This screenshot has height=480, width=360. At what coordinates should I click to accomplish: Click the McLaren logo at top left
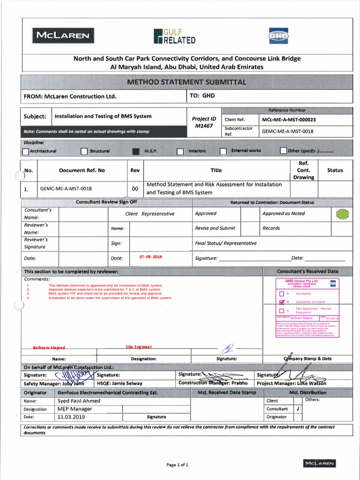point(62,35)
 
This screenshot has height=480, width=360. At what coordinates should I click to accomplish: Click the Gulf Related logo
point(174,36)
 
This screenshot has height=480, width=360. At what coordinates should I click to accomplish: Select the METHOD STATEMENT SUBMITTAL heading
point(187,82)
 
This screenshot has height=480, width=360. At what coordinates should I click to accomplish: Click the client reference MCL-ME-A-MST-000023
point(289,120)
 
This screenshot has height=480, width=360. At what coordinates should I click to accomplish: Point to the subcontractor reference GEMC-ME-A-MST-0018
point(288,131)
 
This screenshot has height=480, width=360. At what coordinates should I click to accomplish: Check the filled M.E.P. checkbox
point(136,151)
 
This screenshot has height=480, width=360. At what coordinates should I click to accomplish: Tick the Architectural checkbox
point(26,151)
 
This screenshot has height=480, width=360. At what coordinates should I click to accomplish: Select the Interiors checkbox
point(180,151)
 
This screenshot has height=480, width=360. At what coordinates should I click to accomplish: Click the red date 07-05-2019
point(150,257)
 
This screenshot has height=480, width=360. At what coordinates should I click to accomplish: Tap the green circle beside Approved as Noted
point(343,215)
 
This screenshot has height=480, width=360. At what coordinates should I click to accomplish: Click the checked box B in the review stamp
point(281,302)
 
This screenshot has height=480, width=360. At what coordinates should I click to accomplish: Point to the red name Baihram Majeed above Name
point(49,348)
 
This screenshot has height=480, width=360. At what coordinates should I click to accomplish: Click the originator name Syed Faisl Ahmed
point(79,401)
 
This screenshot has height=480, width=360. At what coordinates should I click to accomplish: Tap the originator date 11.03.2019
point(71,417)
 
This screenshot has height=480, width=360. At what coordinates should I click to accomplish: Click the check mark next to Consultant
point(298,409)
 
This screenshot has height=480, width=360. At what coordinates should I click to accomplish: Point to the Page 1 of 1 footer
point(177,465)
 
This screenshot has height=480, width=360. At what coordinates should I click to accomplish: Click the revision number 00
point(135,189)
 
